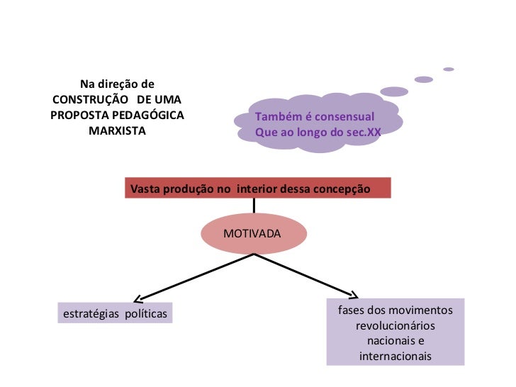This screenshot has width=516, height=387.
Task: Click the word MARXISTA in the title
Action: [117, 131]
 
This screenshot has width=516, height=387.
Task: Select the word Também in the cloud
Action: [278, 116]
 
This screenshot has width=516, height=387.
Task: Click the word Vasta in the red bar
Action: [145, 188]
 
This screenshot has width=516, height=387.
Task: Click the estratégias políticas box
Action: [116, 313]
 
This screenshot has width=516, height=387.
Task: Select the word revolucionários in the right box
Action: [395, 326]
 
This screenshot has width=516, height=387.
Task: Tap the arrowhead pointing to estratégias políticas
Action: [138, 298]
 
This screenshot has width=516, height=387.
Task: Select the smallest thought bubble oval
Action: [448, 69]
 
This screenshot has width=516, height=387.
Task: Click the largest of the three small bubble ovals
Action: [394, 91]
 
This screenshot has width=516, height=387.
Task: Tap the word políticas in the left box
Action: [146, 313]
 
